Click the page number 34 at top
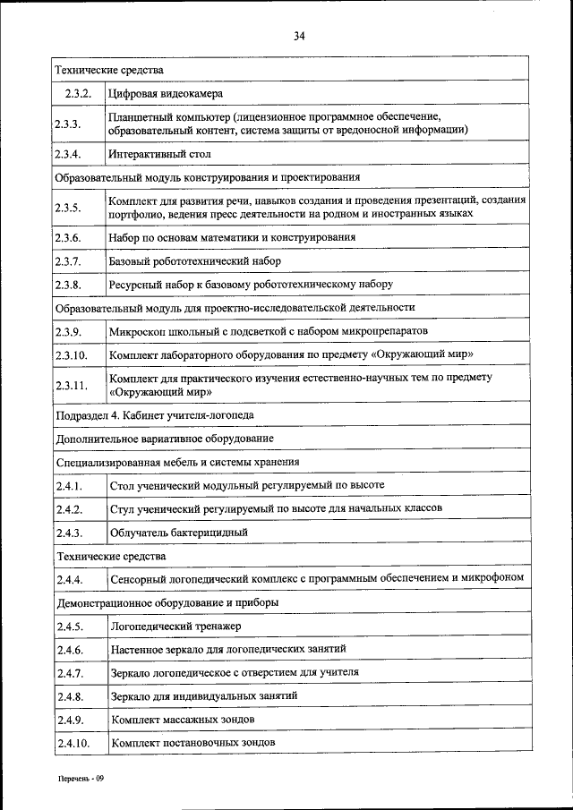click(299, 36)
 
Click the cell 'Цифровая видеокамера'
click(166, 93)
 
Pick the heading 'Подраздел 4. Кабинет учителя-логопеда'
click(154, 415)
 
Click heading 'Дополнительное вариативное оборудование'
click(164, 439)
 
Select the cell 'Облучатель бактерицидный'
click(178, 533)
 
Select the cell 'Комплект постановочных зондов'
click(192, 743)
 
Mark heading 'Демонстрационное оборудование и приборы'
click(166, 602)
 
